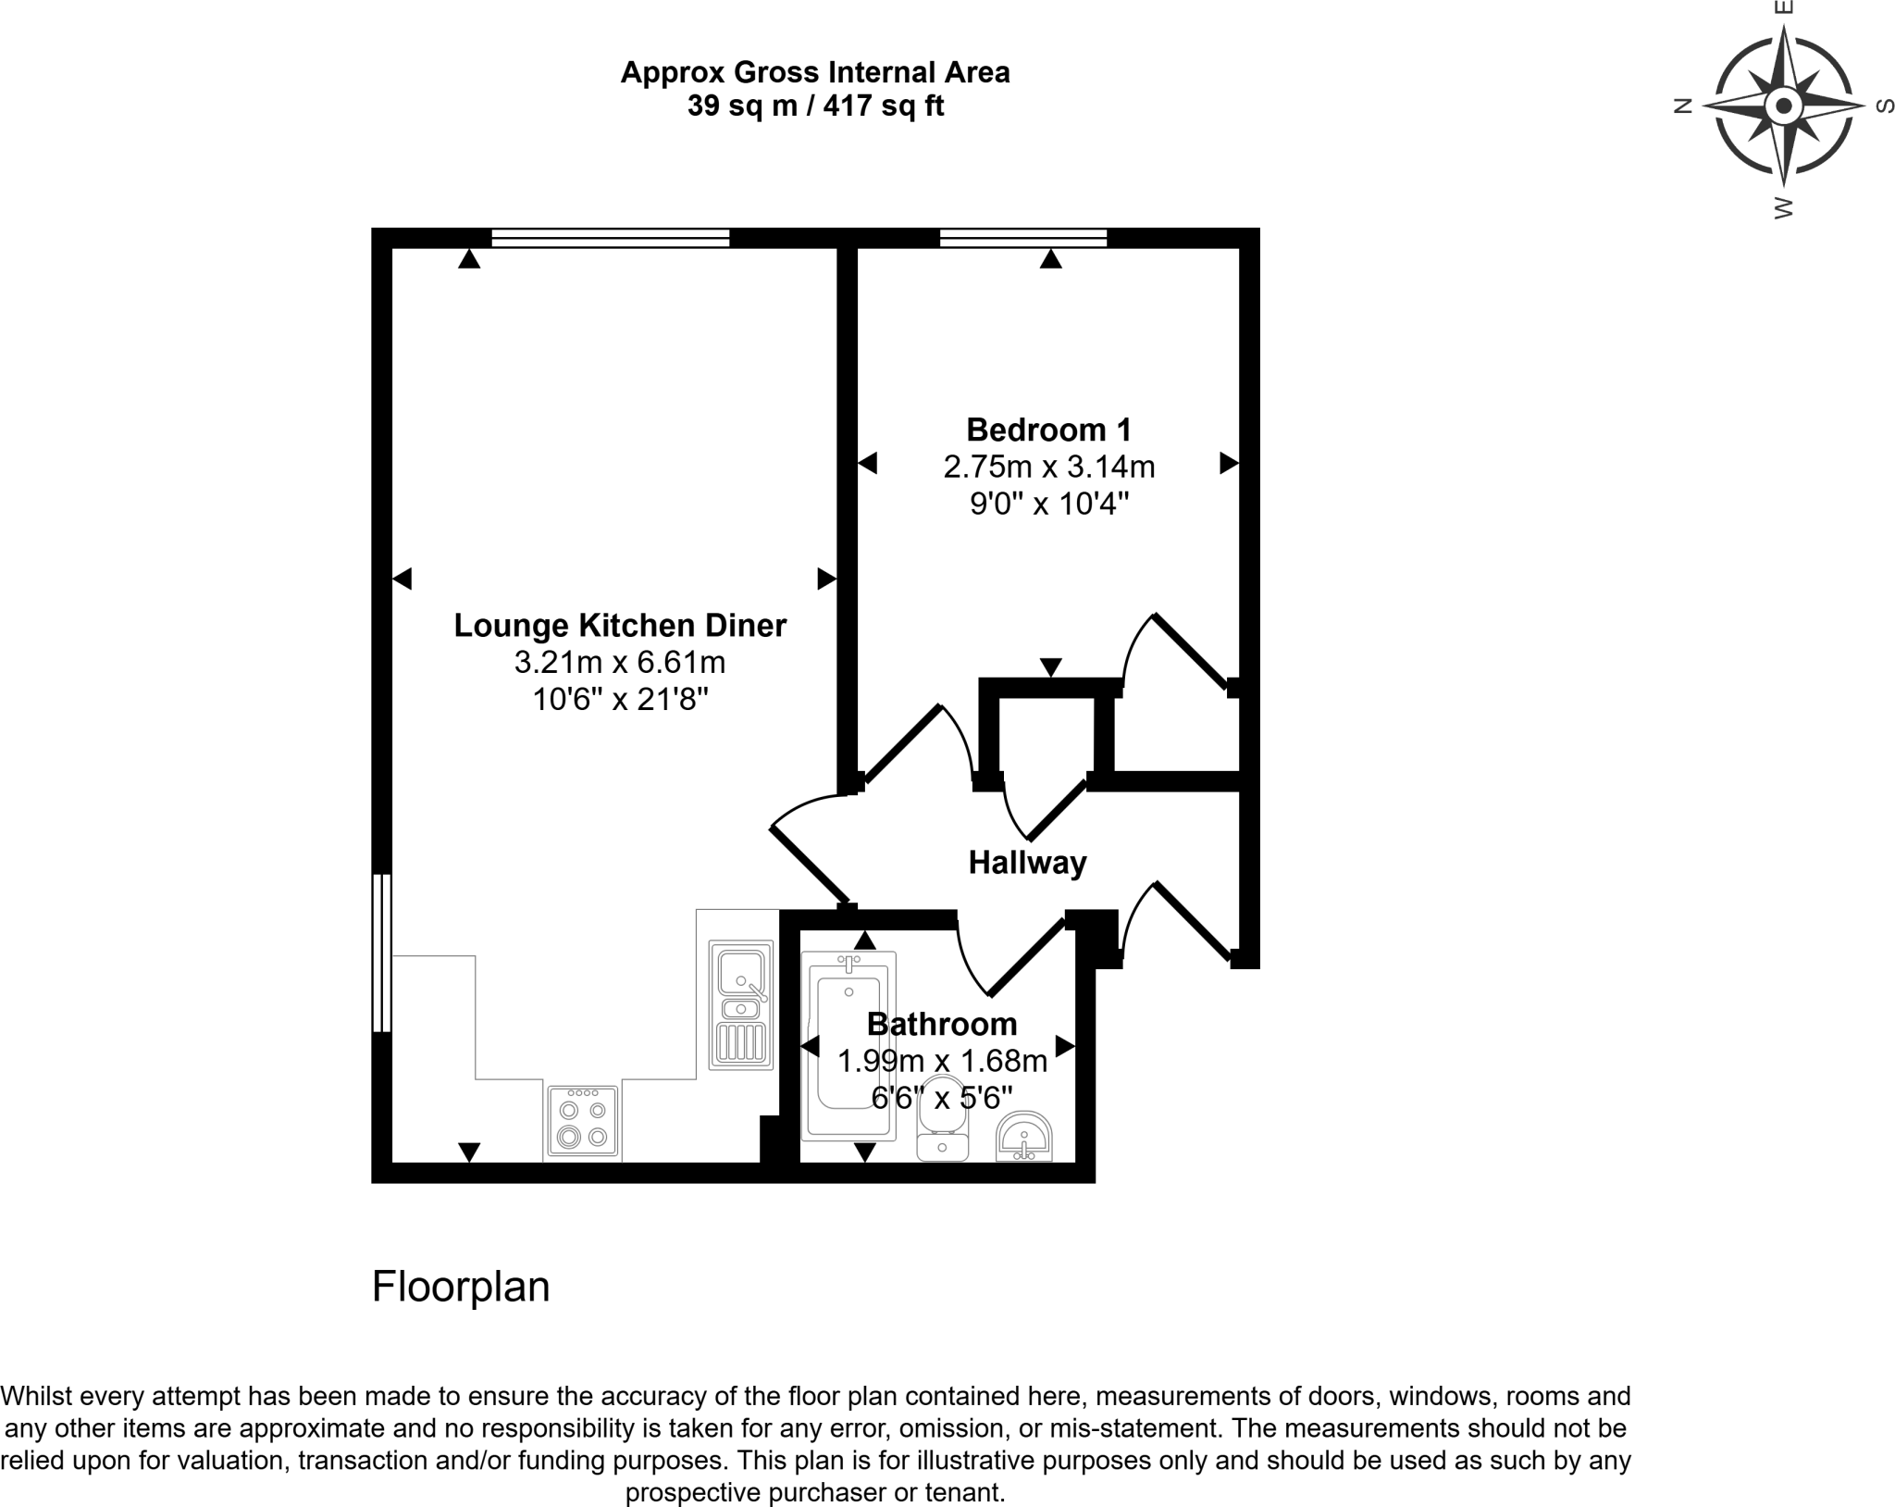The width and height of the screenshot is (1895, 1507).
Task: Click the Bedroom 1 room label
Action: [1048, 430]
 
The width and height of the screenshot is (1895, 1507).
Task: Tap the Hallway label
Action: [1027, 863]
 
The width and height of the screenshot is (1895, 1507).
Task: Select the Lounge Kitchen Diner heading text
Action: [620, 626]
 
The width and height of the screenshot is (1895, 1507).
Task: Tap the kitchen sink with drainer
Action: [740, 1005]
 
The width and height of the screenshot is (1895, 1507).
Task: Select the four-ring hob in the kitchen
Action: [583, 1122]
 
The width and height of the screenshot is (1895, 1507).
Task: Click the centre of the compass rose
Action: [1783, 106]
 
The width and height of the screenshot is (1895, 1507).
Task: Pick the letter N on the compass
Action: [1683, 106]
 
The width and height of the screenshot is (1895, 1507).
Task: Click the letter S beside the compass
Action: [1884, 106]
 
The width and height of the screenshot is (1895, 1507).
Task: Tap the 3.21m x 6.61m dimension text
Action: [620, 663]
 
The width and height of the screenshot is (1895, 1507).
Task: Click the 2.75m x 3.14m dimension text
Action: [1048, 467]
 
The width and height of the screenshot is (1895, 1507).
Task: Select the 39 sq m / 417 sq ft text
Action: [814, 106]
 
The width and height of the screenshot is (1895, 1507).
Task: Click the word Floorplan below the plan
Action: [461, 1287]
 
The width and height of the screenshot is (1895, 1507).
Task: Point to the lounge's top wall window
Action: [611, 239]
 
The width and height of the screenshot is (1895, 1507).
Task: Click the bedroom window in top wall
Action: [1023, 239]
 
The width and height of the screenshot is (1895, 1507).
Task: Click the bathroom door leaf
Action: [1027, 959]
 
